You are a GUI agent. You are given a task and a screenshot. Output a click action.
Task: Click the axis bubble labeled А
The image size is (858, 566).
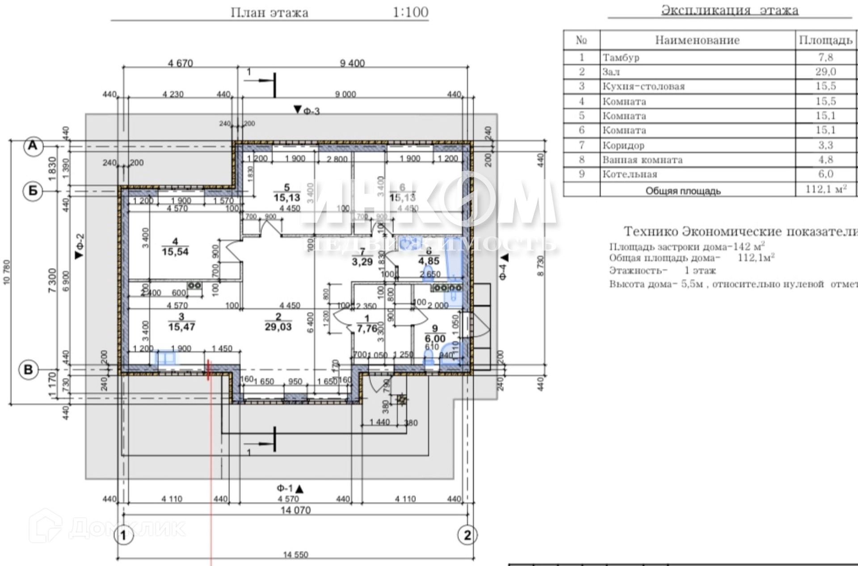click(x=33, y=146)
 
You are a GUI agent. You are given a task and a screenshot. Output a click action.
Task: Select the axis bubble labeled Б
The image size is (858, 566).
click(x=33, y=191)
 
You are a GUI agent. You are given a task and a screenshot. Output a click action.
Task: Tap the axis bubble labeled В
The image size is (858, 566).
click(x=28, y=370)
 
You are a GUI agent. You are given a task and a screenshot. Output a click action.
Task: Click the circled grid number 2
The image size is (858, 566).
click(x=467, y=535)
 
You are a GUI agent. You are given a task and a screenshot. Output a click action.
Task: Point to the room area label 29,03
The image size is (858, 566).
click(x=278, y=327)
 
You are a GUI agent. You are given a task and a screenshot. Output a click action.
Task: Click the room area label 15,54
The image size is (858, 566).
click(x=175, y=252)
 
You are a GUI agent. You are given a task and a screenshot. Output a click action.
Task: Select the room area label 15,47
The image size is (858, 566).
click(x=181, y=327)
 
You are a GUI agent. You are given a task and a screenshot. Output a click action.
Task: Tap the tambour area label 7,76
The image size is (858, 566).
click(x=367, y=329)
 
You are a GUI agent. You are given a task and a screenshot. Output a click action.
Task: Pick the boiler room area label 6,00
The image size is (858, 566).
click(x=435, y=339)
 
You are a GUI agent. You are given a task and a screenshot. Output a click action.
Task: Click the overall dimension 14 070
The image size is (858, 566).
click(x=295, y=510)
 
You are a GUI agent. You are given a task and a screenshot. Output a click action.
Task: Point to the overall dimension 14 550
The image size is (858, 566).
click(x=295, y=555)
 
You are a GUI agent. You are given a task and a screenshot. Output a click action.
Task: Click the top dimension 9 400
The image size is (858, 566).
click(x=352, y=63)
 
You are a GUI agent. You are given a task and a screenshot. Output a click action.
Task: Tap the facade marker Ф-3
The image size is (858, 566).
click(x=307, y=110)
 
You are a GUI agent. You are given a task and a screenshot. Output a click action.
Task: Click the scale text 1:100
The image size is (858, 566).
click(x=410, y=12)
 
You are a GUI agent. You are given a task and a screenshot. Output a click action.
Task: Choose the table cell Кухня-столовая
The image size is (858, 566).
click(x=643, y=86)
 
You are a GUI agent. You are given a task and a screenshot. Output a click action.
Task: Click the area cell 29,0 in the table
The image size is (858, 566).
click(x=825, y=71)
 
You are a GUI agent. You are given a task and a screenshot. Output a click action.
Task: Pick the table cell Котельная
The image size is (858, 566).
click(x=630, y=174)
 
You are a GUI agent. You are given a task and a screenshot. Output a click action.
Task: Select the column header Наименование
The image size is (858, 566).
click(x=697, y=40)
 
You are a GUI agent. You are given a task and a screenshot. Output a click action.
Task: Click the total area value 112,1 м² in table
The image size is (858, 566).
click(x=826, y=189)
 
